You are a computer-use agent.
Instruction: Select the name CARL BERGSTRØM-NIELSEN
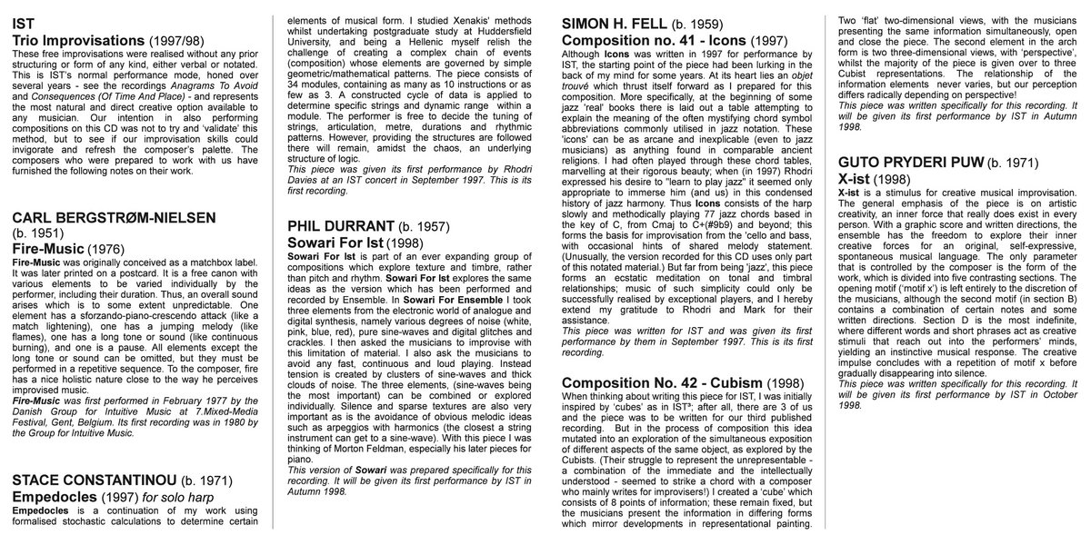(115, 219)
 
